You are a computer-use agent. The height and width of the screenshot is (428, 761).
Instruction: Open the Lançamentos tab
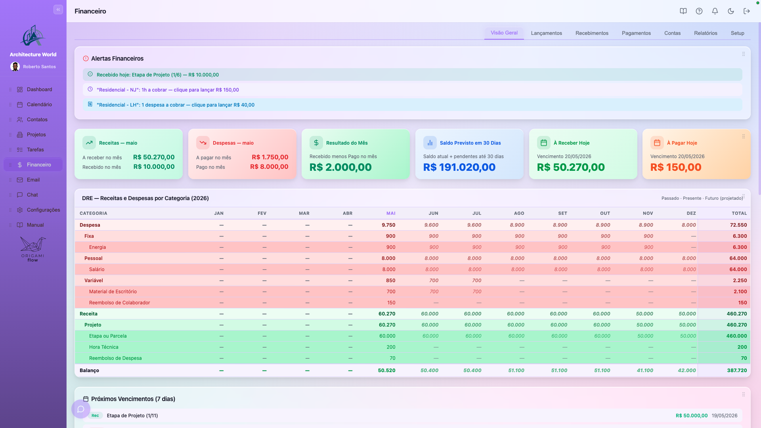click(546, 33)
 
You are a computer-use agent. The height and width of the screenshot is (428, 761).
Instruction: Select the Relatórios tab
click(706, 33)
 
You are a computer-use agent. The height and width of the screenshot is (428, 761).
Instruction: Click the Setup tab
click(737, 33)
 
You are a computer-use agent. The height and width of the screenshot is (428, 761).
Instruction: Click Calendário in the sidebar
click(39, 105)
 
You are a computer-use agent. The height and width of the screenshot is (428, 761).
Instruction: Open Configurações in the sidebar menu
click(43, 210)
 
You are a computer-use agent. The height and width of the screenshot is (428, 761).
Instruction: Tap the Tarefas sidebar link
click(35, 150)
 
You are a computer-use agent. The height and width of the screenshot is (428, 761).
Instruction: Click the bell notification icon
click(715, 11)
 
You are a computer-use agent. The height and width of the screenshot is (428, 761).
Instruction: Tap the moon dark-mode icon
click(730, 11)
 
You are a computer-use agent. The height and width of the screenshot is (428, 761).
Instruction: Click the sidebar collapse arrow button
click(58, 10)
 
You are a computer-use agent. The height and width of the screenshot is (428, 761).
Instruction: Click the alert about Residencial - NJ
click(168, 90)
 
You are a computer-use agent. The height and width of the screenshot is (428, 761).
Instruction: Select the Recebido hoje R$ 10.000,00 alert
click(158, 75)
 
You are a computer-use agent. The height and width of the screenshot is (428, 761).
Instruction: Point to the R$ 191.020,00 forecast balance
click(459, 167)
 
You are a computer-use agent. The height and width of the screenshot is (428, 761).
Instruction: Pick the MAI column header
click(391, 213)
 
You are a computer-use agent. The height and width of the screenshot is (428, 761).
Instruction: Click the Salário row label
click(97, 269)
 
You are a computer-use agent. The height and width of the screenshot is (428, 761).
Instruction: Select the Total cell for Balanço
click(737, 371)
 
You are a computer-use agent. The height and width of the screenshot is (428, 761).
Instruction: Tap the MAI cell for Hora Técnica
click(391, 347)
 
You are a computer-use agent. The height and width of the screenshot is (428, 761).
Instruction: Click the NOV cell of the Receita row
click(644, 314)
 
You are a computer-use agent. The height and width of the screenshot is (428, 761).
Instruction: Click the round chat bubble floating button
click(81, 409)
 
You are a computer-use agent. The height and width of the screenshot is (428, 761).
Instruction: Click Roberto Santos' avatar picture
click(15, 67)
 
